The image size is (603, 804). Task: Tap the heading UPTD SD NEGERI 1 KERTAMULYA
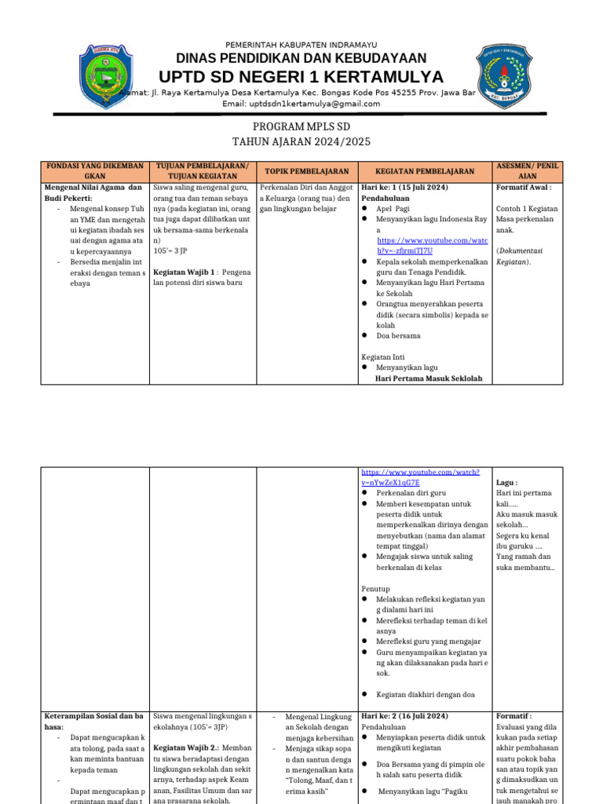pyautogui.click(x=301, y=77)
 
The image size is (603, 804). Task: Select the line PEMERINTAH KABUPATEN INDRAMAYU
pyautogui.click(x=301, y=44)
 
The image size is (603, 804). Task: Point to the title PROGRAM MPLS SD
pyautogui.click(x=301, y=126)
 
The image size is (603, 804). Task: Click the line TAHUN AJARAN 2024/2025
pyautogui.click(x=301, y=142)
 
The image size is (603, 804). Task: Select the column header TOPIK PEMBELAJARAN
pyautogui.click(x=306, y=171)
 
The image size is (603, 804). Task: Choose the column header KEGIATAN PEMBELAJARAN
pyautogui.click(x=425, y=171)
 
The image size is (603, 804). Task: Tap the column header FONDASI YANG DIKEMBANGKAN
pyautogui.click(x=95, y=171)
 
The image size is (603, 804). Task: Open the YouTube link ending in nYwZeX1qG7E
pyautogui.click(x=420, y=477)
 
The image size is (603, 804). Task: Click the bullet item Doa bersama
pyautogui.click(x=398, y=335)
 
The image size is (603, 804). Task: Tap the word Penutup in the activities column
pyautogui.click(x=377, y=588)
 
